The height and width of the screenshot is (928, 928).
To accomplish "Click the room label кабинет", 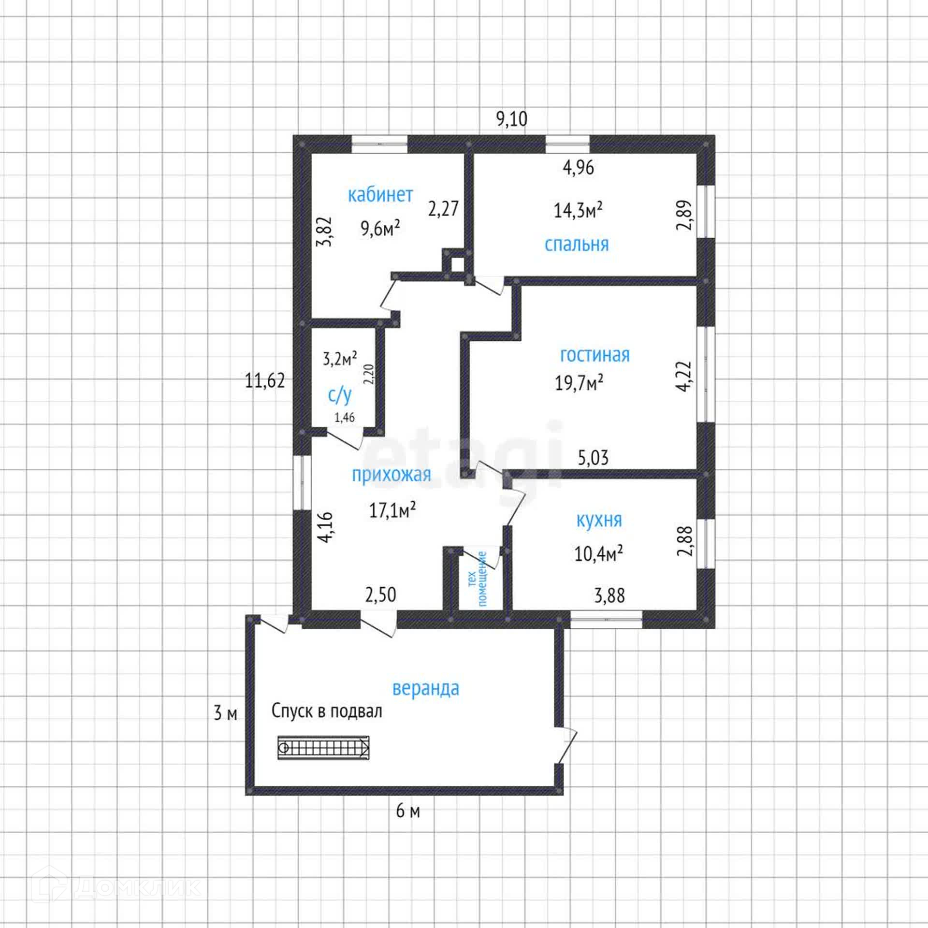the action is point(380,195).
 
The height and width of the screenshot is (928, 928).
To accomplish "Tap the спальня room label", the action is point(576,245).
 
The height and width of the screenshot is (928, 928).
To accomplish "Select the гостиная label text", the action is point(594,355).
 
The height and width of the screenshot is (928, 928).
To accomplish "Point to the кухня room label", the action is point(599,520).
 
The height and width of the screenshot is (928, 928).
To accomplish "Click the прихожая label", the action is point(391,475).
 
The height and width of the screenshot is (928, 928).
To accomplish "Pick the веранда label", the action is point(425,688).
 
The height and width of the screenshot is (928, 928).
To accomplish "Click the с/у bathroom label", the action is point(340,395).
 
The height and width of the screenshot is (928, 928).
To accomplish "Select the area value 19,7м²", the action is point(579,383).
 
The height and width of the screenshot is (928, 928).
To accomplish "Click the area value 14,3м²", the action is point(578,210).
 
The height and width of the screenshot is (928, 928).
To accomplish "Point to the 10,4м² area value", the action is point(598,553).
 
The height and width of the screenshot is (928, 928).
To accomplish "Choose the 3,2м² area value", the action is point(340,359).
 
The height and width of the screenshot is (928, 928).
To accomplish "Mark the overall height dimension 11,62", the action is point(265,381).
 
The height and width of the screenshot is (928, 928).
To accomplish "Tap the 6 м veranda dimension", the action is point(408,811).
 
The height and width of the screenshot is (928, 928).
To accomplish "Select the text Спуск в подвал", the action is point(327,711).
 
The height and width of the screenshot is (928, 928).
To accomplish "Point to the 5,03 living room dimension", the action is point(593,457).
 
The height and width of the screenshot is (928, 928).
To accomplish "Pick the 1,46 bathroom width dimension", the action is point(345,417).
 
